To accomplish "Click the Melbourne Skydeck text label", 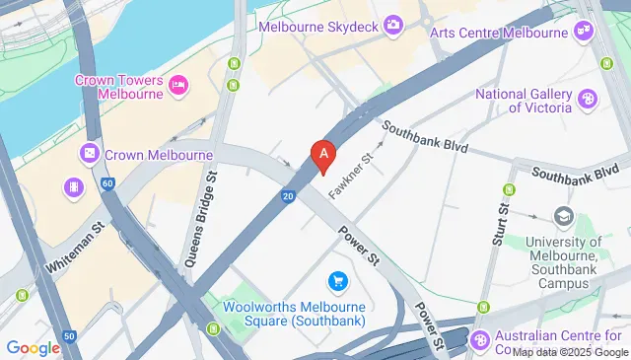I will click(318, 26).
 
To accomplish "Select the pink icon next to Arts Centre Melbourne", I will click(585, 32).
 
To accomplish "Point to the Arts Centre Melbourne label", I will click(499, 32).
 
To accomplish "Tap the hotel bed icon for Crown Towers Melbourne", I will click(179, 86).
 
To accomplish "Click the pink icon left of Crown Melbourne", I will click(90, 155).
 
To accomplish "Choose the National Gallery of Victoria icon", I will click(588, 98).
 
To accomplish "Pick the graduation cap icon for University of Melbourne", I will click(563, 216).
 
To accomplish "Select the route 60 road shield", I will click(106, 183).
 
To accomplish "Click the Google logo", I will click(33, 347).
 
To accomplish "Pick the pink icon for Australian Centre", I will click(480, 339).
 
